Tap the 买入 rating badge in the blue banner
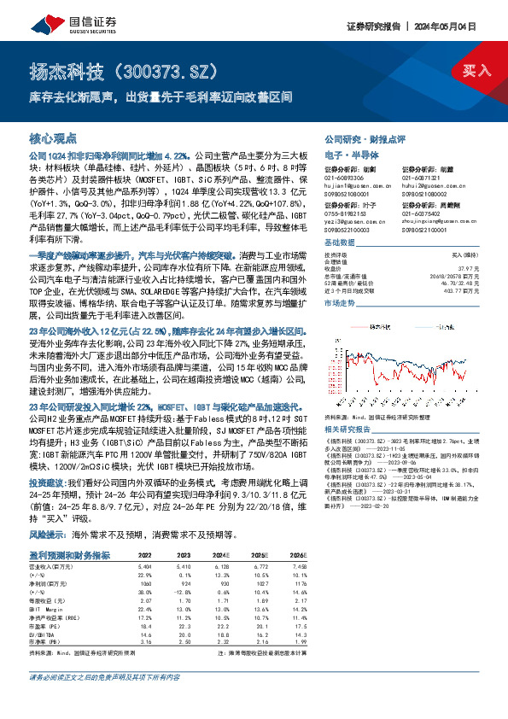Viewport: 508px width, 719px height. coord(474,70)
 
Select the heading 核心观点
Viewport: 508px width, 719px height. coord(54,137)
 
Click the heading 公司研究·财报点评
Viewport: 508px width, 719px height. coord(365,138)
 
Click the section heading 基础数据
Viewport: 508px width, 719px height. coord(339,242)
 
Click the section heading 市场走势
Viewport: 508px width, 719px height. coord(339,303)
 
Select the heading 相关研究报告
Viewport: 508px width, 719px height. coord(348,430)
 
